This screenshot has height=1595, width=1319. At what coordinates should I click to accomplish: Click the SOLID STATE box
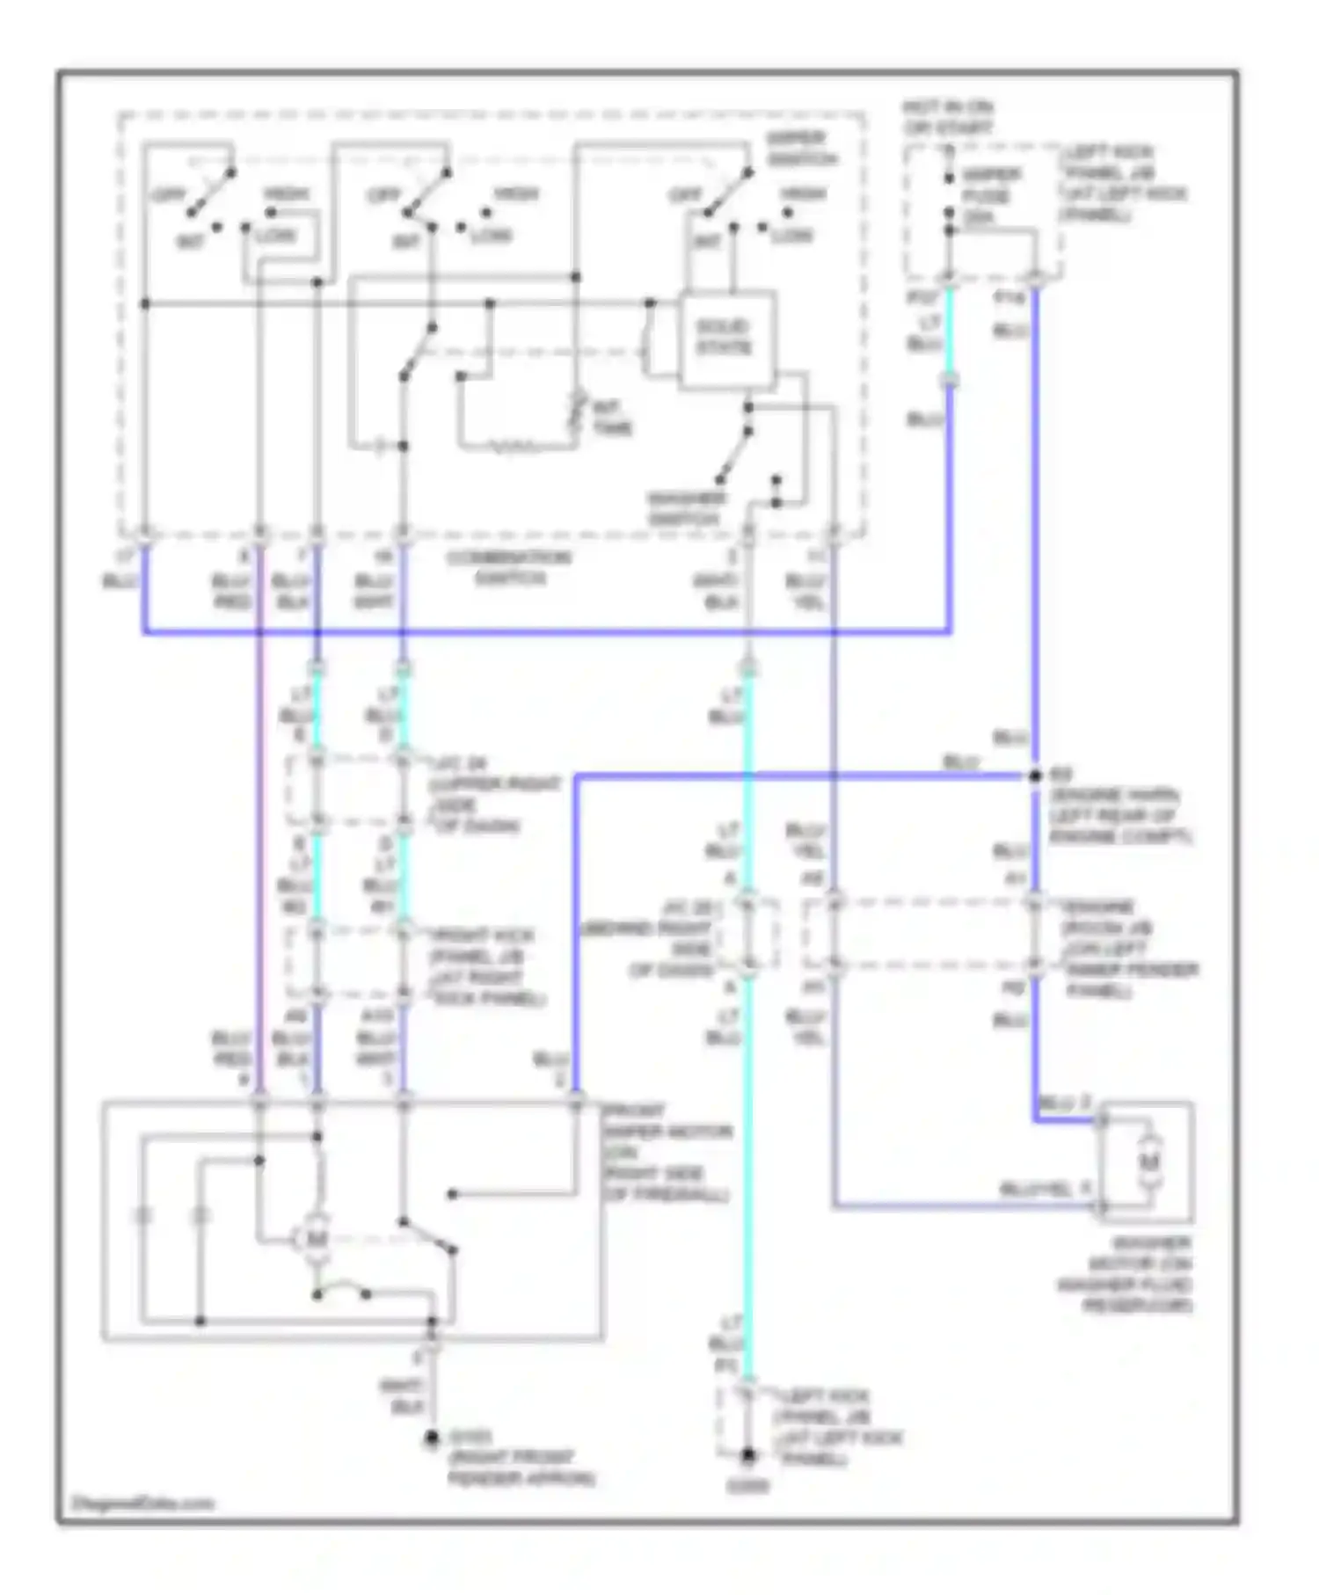click(x=726, y=338)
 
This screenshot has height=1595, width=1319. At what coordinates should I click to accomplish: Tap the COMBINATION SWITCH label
click(x=509, y=568)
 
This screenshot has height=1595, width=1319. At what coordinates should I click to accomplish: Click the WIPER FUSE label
click(x=990, y=195)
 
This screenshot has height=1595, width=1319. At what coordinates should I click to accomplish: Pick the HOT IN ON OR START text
click(x=948, y=118)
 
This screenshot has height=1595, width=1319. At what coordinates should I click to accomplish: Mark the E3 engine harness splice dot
click(x=1035, y=776)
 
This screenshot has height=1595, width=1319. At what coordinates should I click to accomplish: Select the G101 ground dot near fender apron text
click(x=432, y=1439)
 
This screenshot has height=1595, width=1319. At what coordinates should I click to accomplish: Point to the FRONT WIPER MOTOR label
click(x=666, y=1153)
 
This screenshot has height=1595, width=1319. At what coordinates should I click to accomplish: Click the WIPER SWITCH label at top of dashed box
click(x=800, y=148)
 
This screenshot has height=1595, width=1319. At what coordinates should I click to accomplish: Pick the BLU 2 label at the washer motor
click(x=1065, y=1103)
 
